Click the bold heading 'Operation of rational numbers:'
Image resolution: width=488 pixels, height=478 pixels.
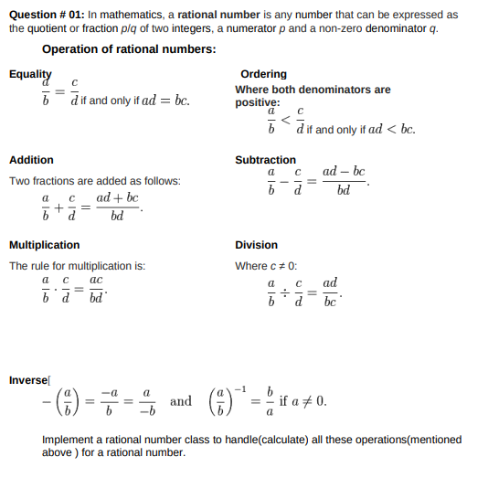tap(129, 49)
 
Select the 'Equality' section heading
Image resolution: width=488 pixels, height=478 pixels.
tap(30, 74)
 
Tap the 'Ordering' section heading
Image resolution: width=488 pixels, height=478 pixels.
tap(263, 74)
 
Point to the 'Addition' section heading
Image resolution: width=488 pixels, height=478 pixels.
tap(31, 160)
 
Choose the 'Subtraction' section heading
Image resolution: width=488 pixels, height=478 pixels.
tap(265, 160)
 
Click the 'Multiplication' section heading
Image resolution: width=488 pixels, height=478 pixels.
tap(44, 245)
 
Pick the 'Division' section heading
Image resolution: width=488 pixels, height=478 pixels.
tap(256, 245)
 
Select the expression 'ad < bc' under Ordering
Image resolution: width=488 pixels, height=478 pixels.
tap(391, 130)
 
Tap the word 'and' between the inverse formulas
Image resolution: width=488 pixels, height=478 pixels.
tap(181, 401)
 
